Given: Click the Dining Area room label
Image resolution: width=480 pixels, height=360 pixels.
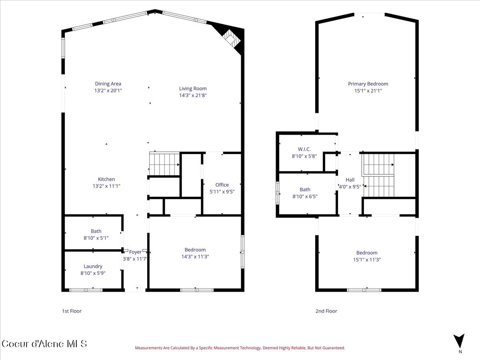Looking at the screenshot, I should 108,84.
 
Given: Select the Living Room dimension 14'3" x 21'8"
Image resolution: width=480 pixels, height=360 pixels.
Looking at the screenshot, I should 193,96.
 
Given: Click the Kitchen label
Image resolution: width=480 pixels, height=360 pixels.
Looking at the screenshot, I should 106,179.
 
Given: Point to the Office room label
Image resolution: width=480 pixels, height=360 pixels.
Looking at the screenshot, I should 222,184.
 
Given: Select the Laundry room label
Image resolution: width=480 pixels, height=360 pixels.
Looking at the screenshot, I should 93,266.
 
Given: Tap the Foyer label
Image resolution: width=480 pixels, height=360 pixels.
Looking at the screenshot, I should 135,252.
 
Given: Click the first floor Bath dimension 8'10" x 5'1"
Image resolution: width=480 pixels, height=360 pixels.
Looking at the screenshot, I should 96,238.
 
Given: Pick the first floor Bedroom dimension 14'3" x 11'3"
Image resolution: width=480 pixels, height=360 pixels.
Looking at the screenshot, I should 195,257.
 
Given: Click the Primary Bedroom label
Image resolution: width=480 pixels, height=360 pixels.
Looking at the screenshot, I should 368,84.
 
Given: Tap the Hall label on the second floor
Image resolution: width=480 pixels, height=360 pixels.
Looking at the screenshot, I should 350,180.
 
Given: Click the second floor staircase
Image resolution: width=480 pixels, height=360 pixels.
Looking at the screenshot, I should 378,176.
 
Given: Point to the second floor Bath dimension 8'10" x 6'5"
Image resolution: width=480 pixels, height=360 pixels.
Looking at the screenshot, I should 305,196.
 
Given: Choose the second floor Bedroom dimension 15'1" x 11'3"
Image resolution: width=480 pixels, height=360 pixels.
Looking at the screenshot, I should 367,260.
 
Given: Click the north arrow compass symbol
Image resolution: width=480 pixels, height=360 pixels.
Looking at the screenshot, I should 460,341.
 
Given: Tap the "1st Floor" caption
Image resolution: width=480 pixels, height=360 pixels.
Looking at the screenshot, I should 72,311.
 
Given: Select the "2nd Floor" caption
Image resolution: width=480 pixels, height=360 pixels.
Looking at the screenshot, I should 326,311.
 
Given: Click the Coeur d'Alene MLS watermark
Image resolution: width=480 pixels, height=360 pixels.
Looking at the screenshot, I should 44,344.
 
